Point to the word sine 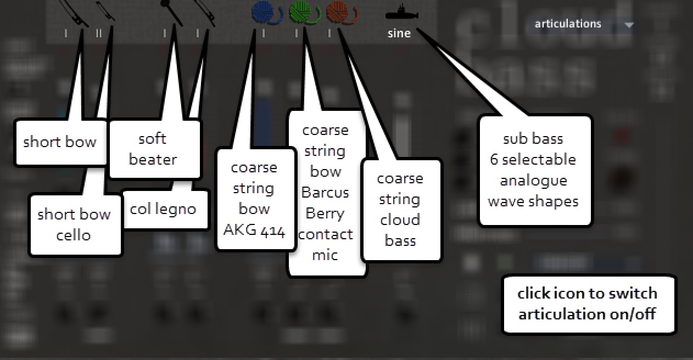[399, 33]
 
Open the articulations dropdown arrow [629, 25]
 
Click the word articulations [568, 24]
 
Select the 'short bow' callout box [60, 142]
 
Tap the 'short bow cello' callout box [74, 224]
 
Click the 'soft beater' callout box [153, 149]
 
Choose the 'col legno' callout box [163, 209]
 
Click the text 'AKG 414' [254, 230]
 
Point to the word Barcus [325, 193]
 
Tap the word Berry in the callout [325, 213]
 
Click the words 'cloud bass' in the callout [400, 230]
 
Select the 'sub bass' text [533, 138]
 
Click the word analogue [533, 181]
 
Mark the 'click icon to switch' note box [588, 303]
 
